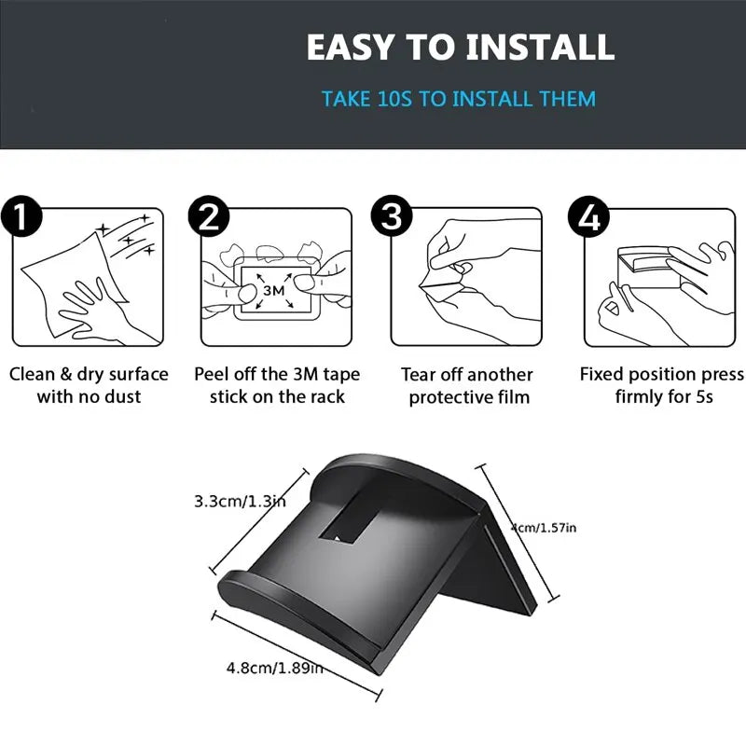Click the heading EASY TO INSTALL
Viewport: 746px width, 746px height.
pos(461,47)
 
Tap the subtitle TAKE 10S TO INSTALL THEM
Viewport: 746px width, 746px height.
pos(458,98)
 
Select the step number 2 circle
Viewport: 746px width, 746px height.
pos(209,217)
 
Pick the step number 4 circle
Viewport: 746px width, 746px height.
pos(589,217)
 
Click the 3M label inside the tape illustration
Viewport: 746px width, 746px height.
pos(273,290)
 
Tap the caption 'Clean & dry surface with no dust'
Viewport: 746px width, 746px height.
pos(89,385)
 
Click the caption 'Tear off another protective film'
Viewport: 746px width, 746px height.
pos(466,385)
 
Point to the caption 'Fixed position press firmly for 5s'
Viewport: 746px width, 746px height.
pos(662,385)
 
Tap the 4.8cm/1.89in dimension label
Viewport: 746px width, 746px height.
pos(274,667)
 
